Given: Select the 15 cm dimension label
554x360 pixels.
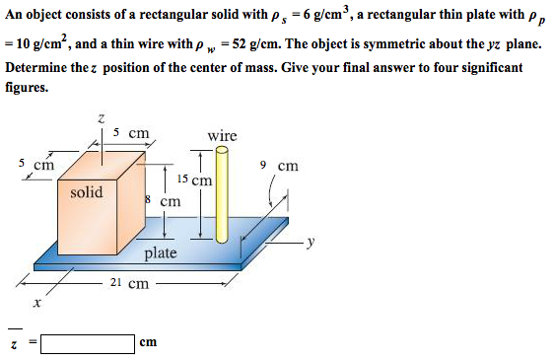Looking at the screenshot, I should pyautogui.click(x=194, y=180).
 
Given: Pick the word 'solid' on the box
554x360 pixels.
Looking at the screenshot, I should pyautogui.click(x=87, y=192).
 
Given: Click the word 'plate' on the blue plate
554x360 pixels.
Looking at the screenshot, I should pyautogui.click(x=161, y=253).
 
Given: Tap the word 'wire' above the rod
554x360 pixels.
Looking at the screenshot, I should pyautogui.click(x=222, y=135).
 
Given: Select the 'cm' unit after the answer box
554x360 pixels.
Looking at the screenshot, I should pyautogui.click(x=149, y=343).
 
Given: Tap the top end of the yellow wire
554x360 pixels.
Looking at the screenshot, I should pyautogui.click(x=222, y=151).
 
